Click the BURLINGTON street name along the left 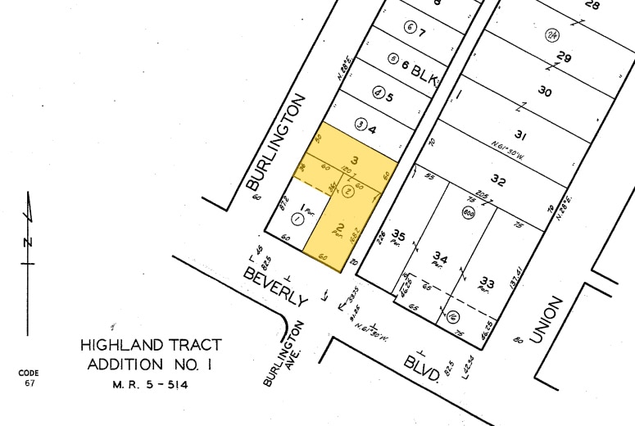pos(276,143)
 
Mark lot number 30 pos(544,92)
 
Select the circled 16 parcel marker pos(452,316)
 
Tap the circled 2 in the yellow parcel pos(347,191)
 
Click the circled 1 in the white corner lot pos(296,219)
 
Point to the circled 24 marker pos(552,34)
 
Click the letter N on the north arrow pos(27,242)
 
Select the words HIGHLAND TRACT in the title pos(150,345)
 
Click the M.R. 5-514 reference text pos(149,384)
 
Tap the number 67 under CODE pos(29,383)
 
